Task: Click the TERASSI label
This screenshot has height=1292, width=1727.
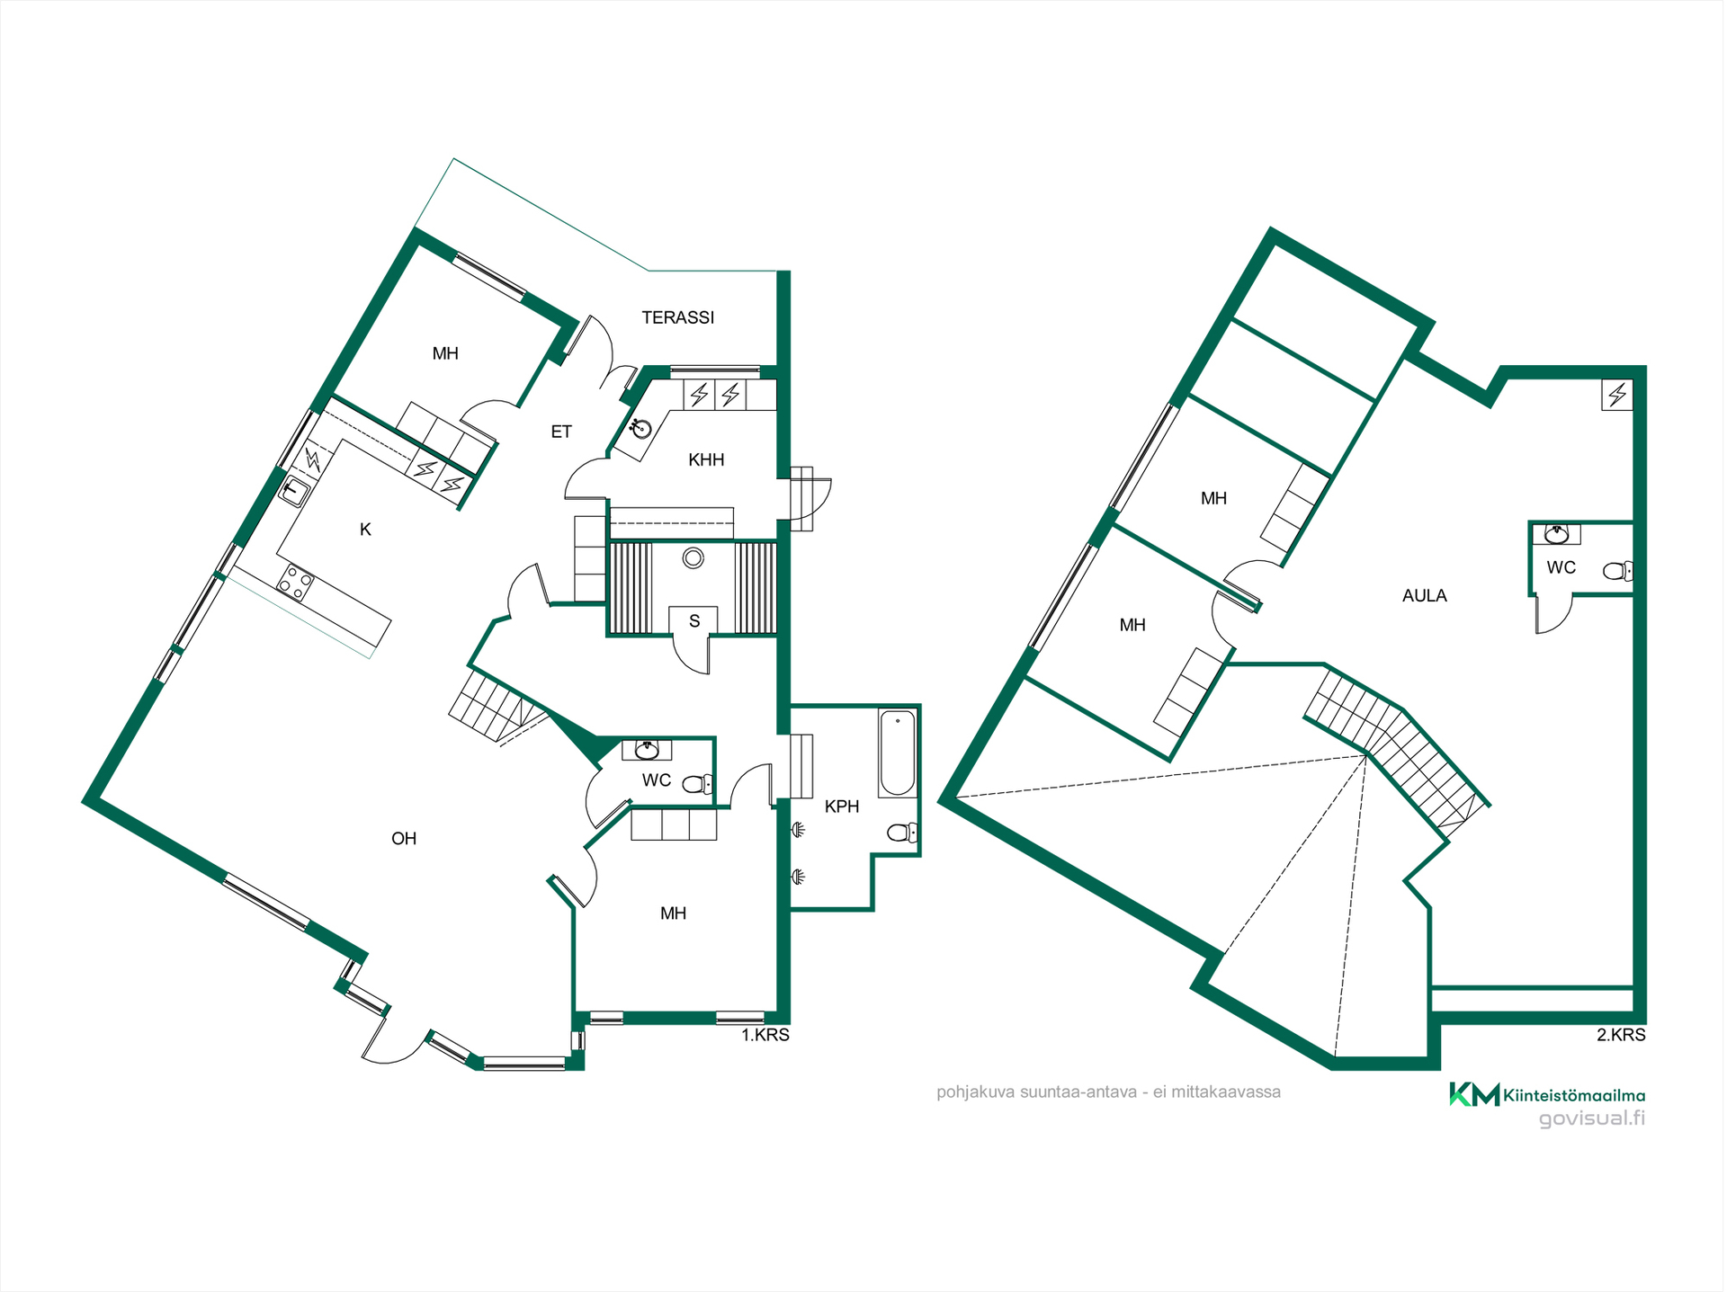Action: pyautogui.click(x=678, y=317)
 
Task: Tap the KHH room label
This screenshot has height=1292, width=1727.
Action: pyautogui.click(x=706, y=460)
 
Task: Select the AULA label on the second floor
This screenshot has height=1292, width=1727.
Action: pyautogui.click(x=1425, y=595)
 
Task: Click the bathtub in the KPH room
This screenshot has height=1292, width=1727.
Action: pyautogui.click(x=898, y=753)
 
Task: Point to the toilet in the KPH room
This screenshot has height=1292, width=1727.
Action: pyautogui.click(x=902, y=833)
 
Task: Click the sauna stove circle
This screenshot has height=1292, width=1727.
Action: pyautogui.click(x=693, y=558)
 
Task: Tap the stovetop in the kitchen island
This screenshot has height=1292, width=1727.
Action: pyautogui.click(x=295, y=583)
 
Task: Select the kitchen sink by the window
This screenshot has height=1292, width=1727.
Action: pyautogui.click(x=294, y=492)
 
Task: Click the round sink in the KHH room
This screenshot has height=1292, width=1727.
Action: pyautogui.click(x=641, y=429)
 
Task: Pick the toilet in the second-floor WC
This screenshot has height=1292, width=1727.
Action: pyautogui.click(x=1617, y=570)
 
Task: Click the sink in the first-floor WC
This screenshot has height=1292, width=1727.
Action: pyautogui.click(x=647, y=749)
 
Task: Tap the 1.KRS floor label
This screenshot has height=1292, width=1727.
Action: pyautogui.click(x=765, y=1035)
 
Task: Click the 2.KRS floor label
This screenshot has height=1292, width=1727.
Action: pyautogui.click(x=1621, y=1035)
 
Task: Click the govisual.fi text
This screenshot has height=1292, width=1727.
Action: pyautogui.click(x=1592, y=1118)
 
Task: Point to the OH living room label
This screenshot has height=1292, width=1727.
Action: pyautogui.click(x=404, y=839)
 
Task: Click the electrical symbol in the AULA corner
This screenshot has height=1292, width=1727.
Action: pyautogui.click(x=1617, y=395)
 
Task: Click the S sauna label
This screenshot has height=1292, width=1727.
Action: pyautogui.click(x=694, y=621)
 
